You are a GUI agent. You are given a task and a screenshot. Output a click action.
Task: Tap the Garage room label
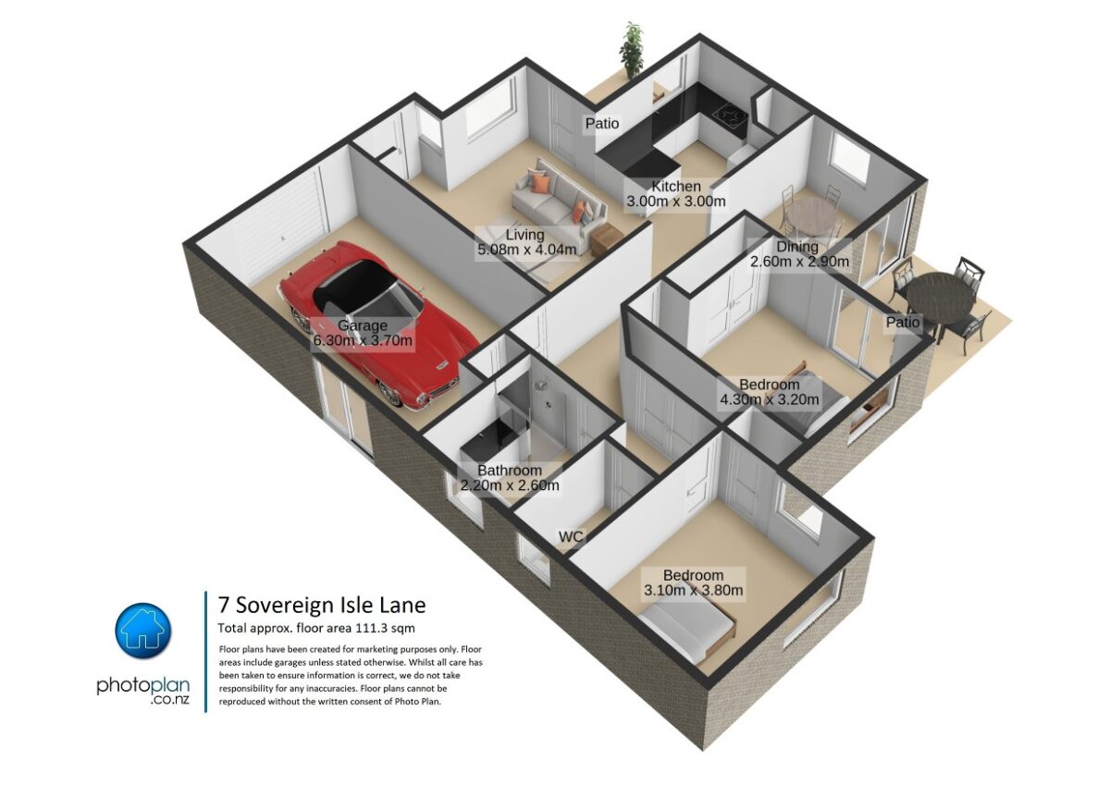(x=363, y=325)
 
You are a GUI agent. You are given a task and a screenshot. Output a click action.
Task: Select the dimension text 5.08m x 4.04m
(x=527, y=250)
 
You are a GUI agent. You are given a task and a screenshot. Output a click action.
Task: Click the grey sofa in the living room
(x=555, y=196)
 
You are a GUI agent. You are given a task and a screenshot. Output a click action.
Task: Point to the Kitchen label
(x=676, y=187)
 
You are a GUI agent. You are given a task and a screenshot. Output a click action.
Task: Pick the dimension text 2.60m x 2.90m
(x=798, y=262)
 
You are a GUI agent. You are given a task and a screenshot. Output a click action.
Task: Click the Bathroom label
(x=510, y=471)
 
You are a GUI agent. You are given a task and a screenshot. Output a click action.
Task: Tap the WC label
(x=570, y=536)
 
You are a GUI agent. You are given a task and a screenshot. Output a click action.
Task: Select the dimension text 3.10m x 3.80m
(x=693, y=590)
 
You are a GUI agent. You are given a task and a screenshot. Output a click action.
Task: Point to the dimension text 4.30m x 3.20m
(x=770, y=400)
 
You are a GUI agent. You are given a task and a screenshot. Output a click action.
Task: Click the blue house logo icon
(x=143, y=632)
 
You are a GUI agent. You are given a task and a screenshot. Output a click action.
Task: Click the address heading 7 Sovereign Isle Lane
(x=322, y=606)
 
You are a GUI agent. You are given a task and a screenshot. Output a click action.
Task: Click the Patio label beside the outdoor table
(x=903, y=323)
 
